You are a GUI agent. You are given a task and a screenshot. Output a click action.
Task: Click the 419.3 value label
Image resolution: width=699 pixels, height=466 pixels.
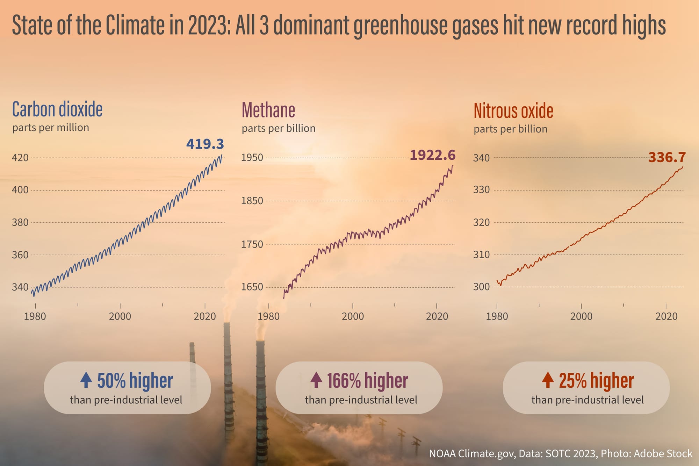205,144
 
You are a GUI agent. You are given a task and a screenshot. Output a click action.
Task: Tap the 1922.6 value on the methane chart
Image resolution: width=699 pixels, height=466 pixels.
432,155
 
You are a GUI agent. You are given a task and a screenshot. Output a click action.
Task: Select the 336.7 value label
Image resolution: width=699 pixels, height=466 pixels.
667,157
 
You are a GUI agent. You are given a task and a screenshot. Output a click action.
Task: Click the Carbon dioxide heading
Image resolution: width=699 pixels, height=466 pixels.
57,109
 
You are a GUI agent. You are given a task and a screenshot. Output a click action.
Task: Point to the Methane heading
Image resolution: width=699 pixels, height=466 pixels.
268,110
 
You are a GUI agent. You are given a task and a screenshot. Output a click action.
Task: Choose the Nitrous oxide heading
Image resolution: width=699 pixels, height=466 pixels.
513,111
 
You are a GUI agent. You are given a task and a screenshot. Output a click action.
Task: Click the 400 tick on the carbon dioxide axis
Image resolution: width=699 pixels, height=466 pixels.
20,190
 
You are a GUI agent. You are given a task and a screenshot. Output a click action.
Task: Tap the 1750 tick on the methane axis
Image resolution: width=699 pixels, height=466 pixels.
252,244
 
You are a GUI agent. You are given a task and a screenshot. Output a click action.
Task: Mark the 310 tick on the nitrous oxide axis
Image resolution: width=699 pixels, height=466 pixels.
481,254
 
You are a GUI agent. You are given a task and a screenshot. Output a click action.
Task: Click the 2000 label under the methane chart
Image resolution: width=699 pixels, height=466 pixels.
353,316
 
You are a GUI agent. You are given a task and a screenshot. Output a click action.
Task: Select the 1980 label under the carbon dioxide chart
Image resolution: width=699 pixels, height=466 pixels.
35,316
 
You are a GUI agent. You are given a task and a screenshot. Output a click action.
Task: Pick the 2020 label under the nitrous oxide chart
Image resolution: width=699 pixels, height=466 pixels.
666,316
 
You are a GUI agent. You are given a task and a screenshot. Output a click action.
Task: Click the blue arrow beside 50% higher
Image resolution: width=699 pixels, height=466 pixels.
86,380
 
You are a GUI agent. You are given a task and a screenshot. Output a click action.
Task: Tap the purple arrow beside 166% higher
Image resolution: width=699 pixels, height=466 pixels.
316,380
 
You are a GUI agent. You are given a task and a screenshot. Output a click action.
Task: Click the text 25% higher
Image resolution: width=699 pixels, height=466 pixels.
596,381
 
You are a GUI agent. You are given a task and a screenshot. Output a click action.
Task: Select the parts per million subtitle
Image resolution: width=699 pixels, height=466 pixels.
51,128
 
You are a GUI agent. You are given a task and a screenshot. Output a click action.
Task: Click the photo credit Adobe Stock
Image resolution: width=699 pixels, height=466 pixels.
663,453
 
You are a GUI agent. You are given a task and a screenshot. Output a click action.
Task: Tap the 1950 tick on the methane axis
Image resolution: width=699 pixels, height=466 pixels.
252,158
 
